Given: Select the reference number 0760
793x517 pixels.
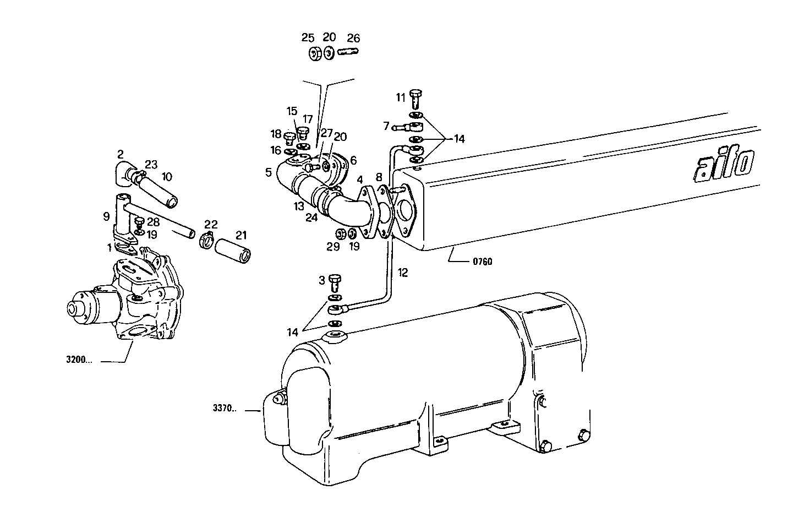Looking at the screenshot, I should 482,262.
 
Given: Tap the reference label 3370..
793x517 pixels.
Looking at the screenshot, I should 224,409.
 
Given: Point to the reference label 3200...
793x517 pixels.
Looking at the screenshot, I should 79,361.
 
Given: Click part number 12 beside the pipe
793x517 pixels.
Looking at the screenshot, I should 403,273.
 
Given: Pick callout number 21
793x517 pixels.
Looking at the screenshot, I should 241,235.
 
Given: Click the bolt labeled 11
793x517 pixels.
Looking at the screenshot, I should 415,100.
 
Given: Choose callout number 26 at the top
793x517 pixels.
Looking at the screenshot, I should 353,38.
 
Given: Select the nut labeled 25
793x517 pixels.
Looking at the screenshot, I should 315,53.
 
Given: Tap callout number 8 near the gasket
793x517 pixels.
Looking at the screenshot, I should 378,177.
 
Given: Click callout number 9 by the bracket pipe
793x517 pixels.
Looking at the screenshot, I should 106,216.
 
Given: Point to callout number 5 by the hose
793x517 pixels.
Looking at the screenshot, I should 268,172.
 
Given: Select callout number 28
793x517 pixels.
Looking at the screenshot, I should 153,222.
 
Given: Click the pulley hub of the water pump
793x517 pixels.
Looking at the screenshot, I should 75,308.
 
